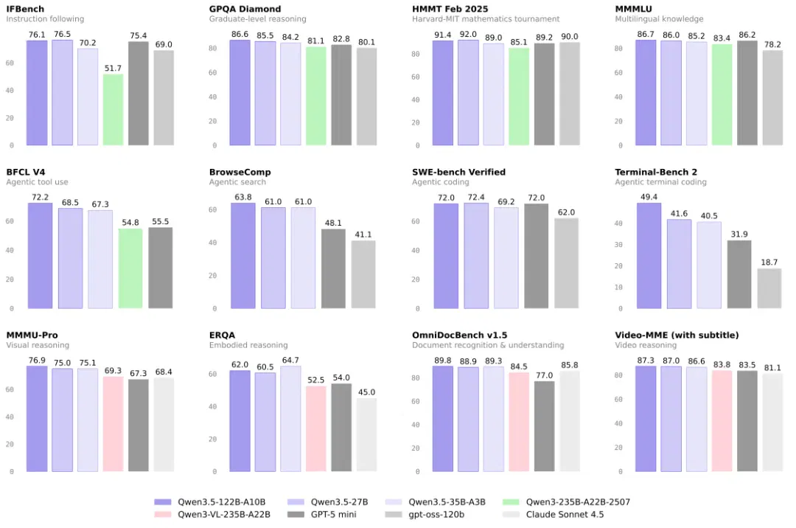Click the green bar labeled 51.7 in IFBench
[113, 110]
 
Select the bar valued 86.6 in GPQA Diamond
[240, 92]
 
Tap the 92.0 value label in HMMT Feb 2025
[468, 34]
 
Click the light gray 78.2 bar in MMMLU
[772, 97]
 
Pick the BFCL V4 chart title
[25, 172]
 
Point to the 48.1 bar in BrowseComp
[333, 268]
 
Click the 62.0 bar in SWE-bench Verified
[566, 263]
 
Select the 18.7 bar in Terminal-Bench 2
[769, 288]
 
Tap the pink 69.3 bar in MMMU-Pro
[113, 424]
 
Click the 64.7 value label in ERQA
[290, 360]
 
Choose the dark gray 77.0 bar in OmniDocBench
[544, 426]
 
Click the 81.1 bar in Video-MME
[772, 423]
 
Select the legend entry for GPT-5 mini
[322, 514]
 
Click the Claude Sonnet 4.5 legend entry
[553, 514]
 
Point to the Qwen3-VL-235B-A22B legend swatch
[163, 514]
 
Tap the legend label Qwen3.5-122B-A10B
[221, 502]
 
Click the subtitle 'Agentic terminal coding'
[660, 181]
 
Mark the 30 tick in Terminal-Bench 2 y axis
[619, 245]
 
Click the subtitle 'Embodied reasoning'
[248, 345]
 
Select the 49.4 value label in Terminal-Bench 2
[649, 197]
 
